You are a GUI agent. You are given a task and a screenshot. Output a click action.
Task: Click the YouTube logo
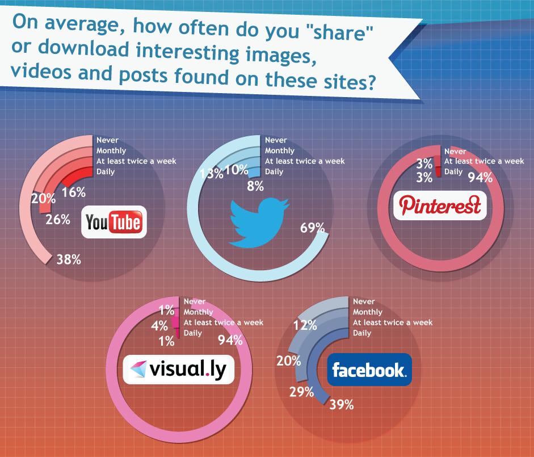114,222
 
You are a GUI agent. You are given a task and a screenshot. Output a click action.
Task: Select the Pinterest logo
440,205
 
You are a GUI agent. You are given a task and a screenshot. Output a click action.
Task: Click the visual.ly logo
178,370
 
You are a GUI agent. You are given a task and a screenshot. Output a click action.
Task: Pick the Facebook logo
369,370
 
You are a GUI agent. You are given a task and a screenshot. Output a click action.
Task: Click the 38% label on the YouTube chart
69,259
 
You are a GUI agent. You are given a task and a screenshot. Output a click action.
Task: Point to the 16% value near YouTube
74,192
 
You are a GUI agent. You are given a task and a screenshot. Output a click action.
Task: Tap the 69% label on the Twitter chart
312,228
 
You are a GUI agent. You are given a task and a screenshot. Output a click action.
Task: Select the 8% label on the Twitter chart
255,186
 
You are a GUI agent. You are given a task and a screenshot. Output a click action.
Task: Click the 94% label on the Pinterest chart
480,177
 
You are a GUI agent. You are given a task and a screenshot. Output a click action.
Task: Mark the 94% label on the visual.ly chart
230,339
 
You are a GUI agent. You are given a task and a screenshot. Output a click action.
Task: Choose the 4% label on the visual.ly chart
159,326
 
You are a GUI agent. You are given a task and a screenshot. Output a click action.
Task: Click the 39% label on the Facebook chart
342,405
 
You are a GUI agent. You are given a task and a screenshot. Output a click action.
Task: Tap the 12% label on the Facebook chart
305,325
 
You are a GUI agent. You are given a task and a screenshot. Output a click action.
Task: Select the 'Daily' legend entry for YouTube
106,171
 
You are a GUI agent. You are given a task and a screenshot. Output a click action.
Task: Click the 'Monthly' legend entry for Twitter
280,150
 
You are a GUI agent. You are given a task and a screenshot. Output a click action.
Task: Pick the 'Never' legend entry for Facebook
364,301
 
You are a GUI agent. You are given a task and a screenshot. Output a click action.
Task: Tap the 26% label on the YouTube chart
58,220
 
